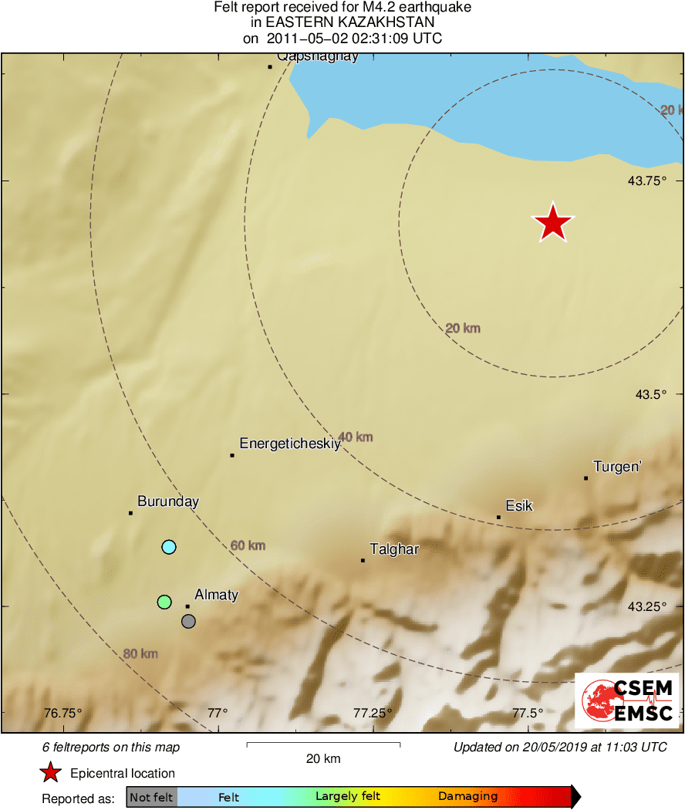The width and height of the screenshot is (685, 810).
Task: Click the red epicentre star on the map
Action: [x=553, y=224]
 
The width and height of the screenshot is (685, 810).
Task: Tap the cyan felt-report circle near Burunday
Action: [x=169, y=547]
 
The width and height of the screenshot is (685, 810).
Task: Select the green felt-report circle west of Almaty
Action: [x=164, y=602]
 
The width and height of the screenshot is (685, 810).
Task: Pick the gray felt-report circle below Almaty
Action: [x=188, y=621]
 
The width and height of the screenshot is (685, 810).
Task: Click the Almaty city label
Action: [x=216, y=595]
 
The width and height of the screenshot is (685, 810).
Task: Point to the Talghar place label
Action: [x=394, y=549]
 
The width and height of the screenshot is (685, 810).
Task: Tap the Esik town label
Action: [x=519, y=506]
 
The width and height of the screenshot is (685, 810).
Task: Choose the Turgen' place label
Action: [x=617, y=467]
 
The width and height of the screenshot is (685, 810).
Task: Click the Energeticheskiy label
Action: [x=290, y=444]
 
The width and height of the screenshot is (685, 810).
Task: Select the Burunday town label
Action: [x=168, y=501]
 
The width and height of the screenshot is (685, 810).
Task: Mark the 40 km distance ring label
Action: [x=356, y=437]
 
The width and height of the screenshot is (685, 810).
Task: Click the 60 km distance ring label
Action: [x=248, y=546]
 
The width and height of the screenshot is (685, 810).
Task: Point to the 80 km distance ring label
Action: [x=140, y=654]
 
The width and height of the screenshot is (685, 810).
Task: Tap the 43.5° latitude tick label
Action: [x=651, y=394]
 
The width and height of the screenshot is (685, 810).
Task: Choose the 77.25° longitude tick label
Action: [x=373, y=713]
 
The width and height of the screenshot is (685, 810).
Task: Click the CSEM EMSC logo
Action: [x=626, y=700]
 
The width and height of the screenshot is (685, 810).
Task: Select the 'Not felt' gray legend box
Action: [x=151, y=797]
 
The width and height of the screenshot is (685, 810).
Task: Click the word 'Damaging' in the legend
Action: [x=467, y=797]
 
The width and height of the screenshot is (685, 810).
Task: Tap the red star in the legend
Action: [x=51, y=772]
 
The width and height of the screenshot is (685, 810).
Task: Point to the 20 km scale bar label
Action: [x=323, y=758]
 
